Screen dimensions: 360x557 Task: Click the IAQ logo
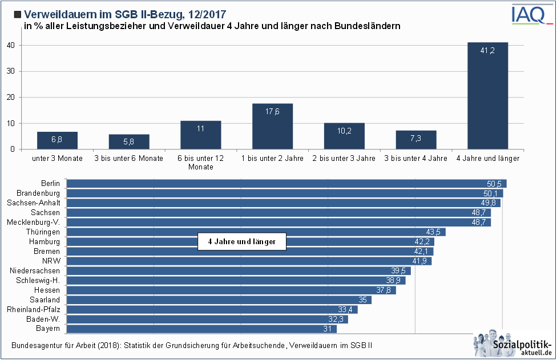pos(529,14)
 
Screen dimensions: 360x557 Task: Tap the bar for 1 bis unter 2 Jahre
pos(273,126)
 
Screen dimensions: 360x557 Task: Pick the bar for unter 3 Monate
pos(57,140)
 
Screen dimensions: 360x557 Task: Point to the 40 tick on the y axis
pos(11,45)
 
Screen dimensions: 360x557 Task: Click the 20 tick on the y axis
pos(11,98)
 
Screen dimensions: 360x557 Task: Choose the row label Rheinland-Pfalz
pos(34,309)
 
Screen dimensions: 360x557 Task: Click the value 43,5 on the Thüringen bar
pos(434,232)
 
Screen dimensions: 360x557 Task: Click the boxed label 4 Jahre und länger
pos(241,242)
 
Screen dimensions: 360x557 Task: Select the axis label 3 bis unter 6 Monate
pos(129,159)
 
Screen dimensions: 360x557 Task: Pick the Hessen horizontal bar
pos(228,290)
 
